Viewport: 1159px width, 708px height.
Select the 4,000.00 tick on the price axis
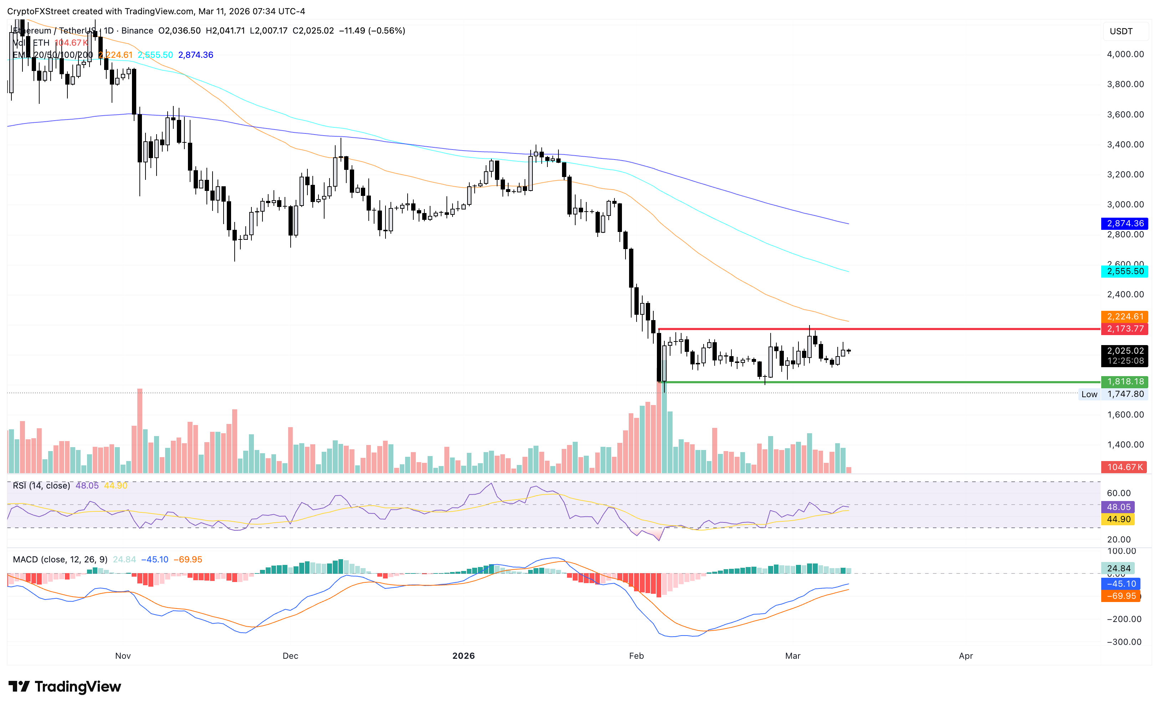[1125, 54]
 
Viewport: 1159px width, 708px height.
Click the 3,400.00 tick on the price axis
[1125, 145]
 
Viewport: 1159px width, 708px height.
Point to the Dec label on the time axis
[290, 656]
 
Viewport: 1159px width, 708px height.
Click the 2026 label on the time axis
[463, 656]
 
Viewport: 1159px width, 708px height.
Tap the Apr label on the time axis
[966, 656]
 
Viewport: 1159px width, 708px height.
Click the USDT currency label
[1121, 31]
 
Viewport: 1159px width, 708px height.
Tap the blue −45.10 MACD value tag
[1121, 584]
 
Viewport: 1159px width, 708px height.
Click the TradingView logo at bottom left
[65, 687]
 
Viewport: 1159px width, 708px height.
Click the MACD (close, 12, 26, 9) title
[60, 559]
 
